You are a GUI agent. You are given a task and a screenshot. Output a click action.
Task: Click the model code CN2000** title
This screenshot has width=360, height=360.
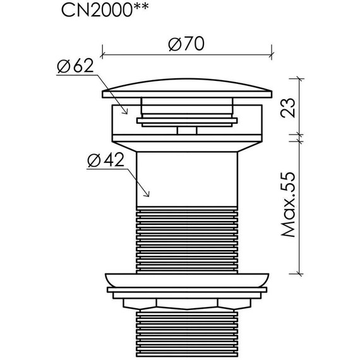[x=105, y=10]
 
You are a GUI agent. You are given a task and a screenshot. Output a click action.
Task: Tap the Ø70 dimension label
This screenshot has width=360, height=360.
[x=186, y=44]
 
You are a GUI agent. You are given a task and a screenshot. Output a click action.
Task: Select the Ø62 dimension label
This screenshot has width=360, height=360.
[x=76, y=66]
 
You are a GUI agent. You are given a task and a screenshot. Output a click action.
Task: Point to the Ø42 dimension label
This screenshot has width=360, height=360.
[x=106, y=160]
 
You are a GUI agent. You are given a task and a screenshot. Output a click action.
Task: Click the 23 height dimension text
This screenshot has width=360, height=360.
[x=288, y=108]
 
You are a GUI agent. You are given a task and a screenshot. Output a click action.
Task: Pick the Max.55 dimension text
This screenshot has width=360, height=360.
[x=288, y=205]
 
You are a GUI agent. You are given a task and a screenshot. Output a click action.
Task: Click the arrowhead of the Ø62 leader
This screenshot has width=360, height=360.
[x=126, y=112]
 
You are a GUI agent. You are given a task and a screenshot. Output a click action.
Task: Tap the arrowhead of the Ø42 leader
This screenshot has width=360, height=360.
[x=147, y=195]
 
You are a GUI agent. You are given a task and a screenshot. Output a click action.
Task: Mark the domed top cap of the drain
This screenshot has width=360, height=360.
[x=187, y=88]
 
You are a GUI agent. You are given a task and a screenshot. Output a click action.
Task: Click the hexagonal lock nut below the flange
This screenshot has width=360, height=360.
[x=187, y=304]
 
